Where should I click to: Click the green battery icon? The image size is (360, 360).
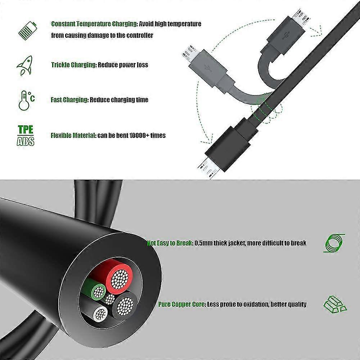tap(27, 30)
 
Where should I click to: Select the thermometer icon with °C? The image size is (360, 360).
tap(26, 100)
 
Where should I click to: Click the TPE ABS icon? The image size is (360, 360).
tap(26, 135)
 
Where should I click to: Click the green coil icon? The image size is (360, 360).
tap(334, 243)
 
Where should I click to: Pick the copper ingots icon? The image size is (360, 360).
tap(334, 304)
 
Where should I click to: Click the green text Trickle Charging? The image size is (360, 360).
tap(73, 65)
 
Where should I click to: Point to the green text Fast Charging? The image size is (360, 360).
tap(69, 100)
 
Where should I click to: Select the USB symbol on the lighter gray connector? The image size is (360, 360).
tap(208, 67)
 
